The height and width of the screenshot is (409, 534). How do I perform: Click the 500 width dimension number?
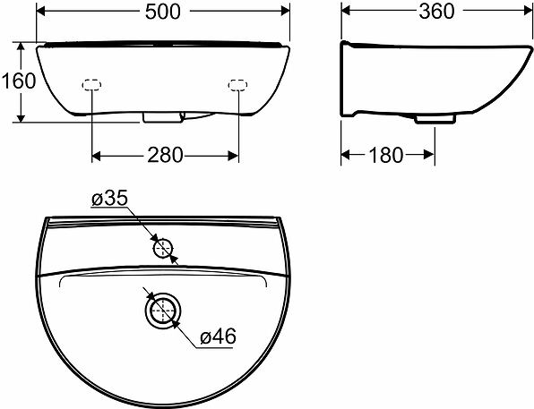[162, 12]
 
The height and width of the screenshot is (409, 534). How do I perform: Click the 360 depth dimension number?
[436, 12]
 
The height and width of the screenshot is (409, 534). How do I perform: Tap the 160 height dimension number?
[19, 81]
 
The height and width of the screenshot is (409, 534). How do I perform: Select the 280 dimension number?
[165, 155]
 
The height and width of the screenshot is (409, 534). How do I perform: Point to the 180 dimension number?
[386, 155]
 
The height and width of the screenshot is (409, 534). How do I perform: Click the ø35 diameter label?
[109, 198]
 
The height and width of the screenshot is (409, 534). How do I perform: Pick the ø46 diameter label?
[218, 337]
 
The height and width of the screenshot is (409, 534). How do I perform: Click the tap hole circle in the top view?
[163, 249]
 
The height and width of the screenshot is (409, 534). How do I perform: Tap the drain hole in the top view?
[163, 311]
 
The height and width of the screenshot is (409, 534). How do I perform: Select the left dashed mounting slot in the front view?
[91, 85]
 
